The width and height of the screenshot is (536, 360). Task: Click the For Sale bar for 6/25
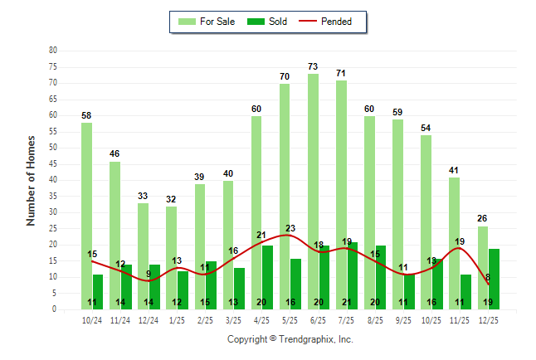click(313, 191)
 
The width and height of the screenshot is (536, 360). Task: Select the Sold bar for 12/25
click(494, 279)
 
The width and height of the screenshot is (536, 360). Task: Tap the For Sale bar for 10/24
click(87, 216)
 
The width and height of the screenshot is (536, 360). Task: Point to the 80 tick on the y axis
click(53, 51)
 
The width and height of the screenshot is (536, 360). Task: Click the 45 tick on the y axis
click(53, 163)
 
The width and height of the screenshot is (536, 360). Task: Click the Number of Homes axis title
click(32, 180)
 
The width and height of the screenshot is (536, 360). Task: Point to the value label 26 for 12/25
click(482, 219)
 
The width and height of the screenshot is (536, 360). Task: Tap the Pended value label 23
click(290, 228)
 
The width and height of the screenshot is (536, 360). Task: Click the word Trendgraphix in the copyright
click(311, 339)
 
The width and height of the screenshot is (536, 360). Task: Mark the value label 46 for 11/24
click(115, 154)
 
